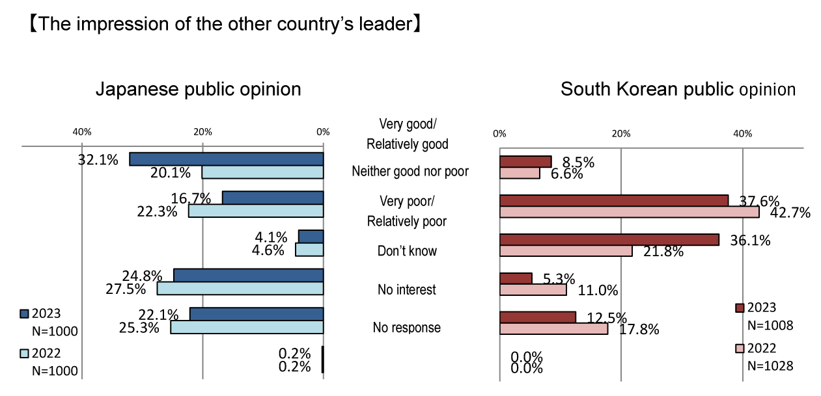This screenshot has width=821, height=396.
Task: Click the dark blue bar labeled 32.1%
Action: tap(227, 159)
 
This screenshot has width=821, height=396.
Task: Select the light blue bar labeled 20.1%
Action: tap(263, 172)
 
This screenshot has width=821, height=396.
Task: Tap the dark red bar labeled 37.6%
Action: tap(613, 201)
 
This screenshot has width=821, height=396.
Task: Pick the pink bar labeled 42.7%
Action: tap(629, 213)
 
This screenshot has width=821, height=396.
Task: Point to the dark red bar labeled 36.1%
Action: tap(609, 240)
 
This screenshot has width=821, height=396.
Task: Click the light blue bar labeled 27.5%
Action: tap(240, 288)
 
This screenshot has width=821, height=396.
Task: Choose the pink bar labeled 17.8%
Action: tap(553, 329)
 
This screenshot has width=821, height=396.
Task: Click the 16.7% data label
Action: tap(192, 198)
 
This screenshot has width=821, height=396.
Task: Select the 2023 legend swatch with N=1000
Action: tap(24, 313)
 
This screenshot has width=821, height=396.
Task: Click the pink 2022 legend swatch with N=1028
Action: tap(740, 349)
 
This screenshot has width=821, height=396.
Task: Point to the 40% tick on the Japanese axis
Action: tap(81, 133)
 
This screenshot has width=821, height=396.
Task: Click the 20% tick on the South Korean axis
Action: tap(621, 134)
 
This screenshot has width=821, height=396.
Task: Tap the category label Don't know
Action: tap(407, 251)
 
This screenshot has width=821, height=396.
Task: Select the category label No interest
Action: tap(407, 289)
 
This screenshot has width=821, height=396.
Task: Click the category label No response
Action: tap(407, 328)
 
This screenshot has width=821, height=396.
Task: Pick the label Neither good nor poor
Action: tap(410, 172)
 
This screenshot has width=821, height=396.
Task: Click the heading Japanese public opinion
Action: tap(198, 89)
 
